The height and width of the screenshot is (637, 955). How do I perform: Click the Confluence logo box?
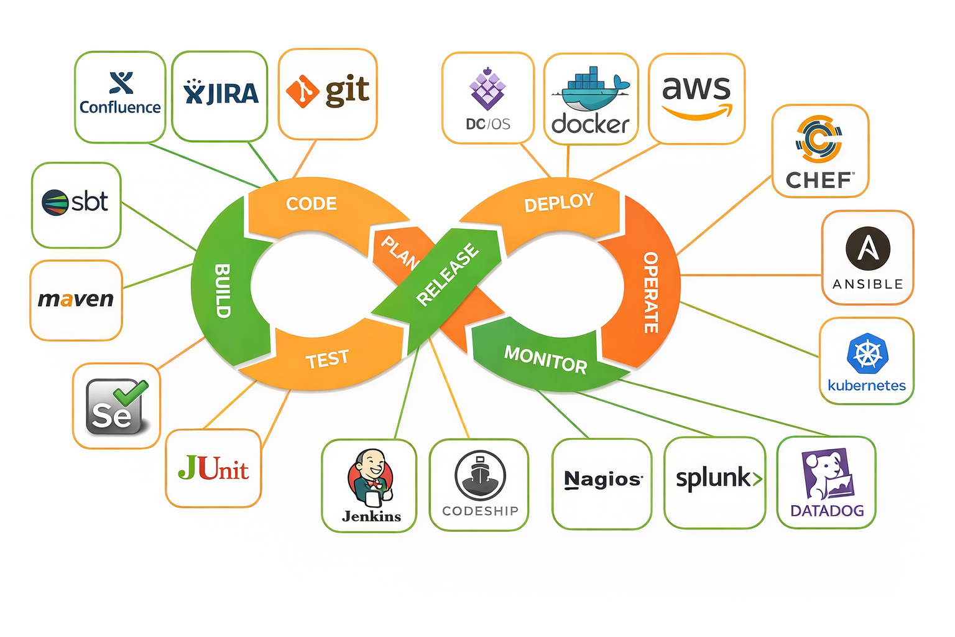tap(120, 96)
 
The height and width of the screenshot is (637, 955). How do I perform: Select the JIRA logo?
tap(221, 93)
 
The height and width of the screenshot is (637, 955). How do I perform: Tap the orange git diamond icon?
tap(302, 91)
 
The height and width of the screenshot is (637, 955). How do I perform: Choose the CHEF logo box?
tap(820, 151)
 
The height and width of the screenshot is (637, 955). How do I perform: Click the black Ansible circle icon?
tap(868, 248)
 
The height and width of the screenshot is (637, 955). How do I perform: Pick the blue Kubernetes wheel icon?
tap(867, 354)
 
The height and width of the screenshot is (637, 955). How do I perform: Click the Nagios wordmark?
tap(602, 480)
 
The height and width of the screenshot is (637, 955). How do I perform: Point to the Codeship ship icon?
tap(480, 475)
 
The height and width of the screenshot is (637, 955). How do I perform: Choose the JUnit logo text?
tap(213, 468)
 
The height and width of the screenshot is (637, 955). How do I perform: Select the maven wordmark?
tap(76, 299)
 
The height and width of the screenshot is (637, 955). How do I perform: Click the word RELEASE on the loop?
tap(448, 274)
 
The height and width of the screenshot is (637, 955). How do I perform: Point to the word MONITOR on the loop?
tap(545, 360)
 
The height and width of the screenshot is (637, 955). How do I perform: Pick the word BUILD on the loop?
tap(223, 291)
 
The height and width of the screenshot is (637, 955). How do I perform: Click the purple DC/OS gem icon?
tap(487, 90)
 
